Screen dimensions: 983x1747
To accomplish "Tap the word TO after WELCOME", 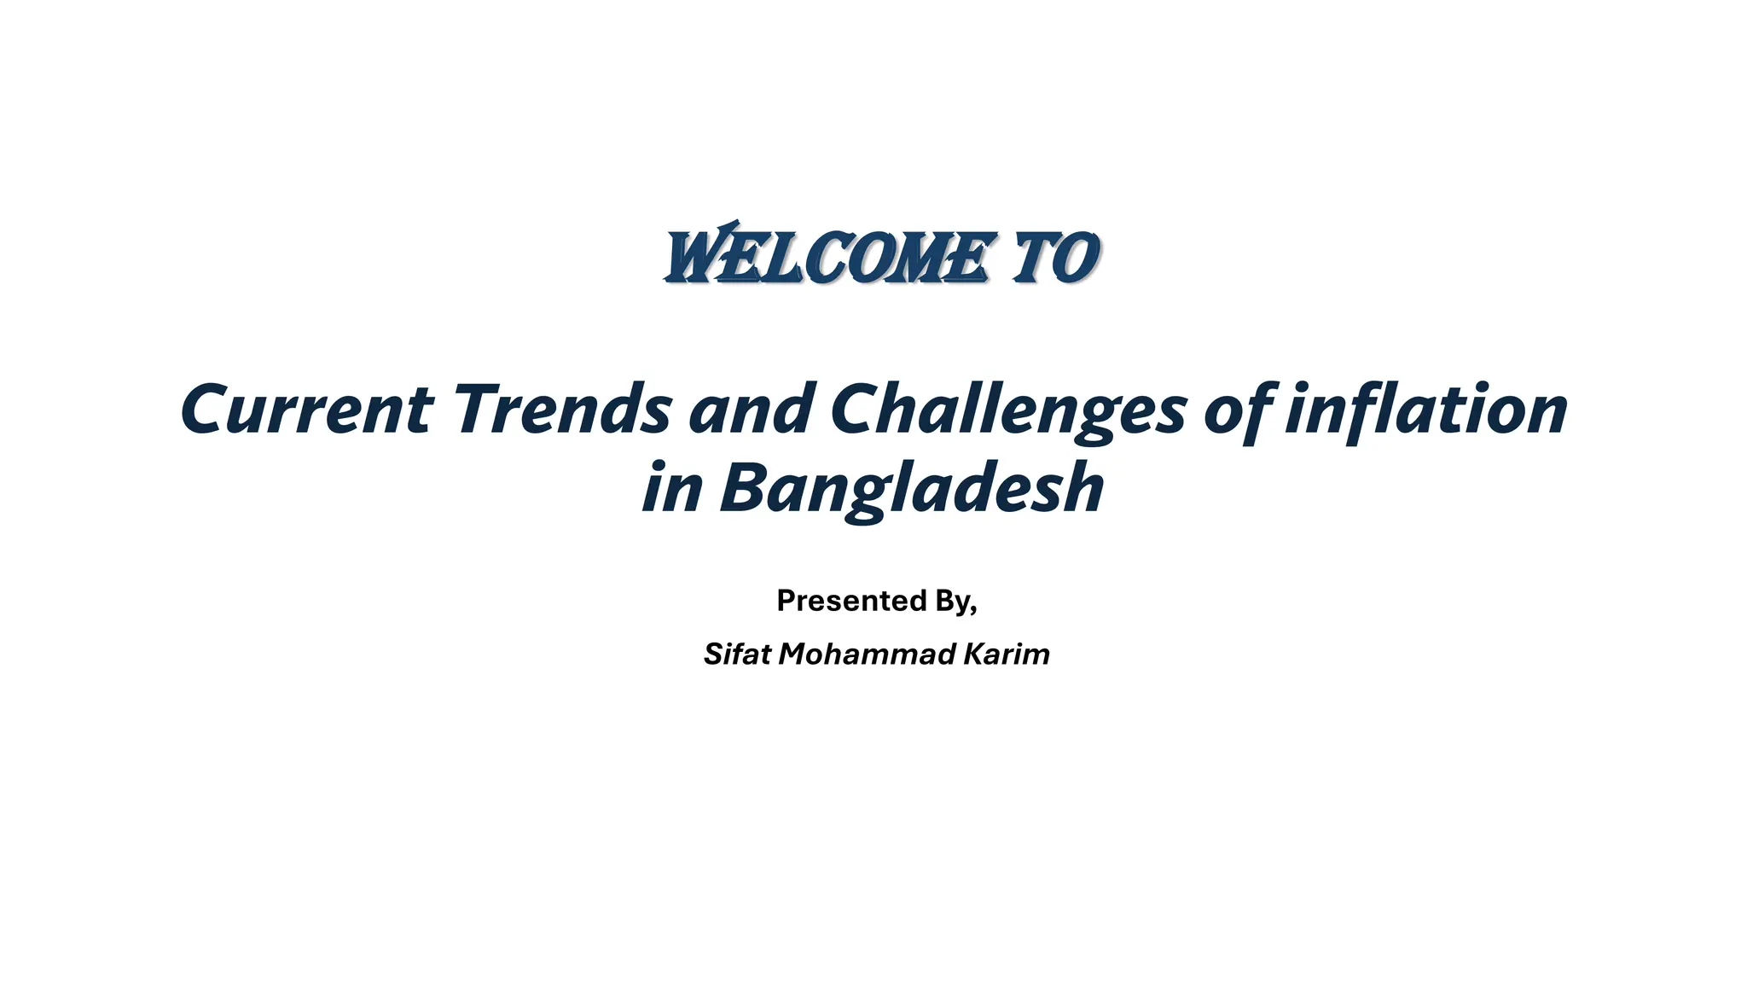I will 1054,257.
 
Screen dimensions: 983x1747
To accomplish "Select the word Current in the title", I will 307,410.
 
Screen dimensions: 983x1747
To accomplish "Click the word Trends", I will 562,410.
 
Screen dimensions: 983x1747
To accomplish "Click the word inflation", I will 1426,410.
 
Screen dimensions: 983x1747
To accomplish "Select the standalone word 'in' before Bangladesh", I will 672,488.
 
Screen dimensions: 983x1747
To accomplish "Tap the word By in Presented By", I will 952,601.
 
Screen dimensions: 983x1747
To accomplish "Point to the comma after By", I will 974,609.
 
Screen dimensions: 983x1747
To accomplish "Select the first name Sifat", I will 737,654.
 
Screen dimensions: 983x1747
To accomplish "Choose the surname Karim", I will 1007,654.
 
